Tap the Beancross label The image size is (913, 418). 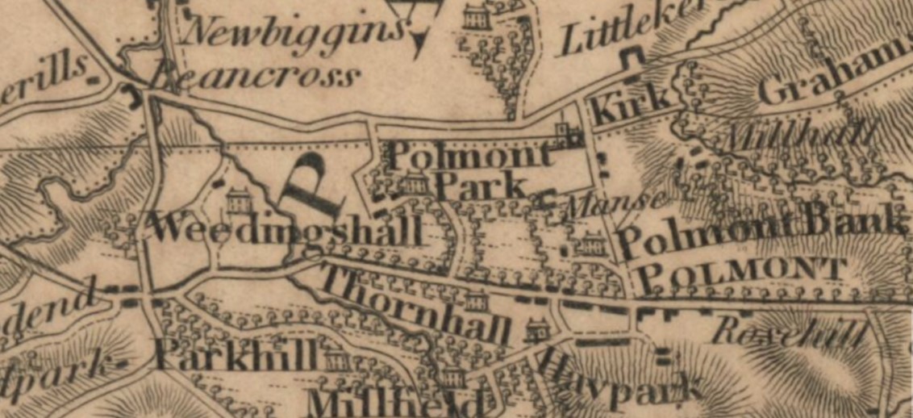coord(254,77)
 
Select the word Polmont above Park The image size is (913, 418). coord(466,154)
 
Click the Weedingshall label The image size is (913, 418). coord(286,229)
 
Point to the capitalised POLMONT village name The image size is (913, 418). coord(740,277)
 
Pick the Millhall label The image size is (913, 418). coord(798,134)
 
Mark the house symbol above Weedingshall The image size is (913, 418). coord(239,198)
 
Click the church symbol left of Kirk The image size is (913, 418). coord(567,136)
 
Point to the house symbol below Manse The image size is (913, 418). coord(593,241)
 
